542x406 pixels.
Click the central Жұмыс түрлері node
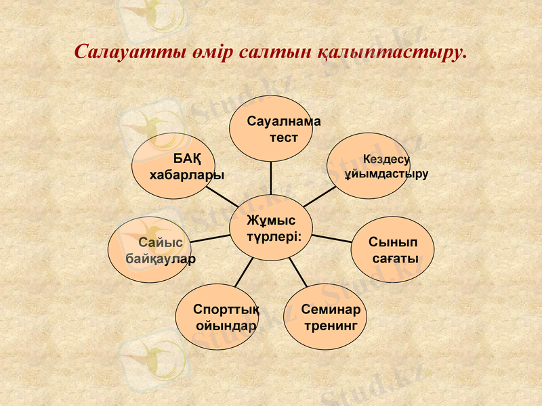coord(271,227)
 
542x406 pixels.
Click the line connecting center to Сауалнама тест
coord(271,177)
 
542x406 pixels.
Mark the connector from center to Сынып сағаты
coord(332,238)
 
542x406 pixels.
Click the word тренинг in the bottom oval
coord(330,325)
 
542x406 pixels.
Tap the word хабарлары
coord(186,175)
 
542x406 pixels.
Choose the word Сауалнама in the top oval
coord(283,122)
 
